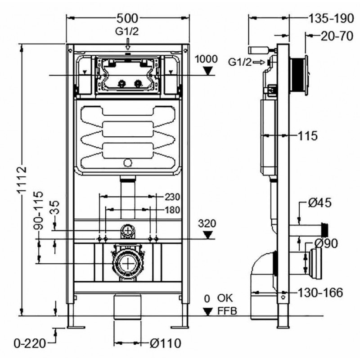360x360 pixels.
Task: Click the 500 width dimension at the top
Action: pyautogui.click(x=127, y=18)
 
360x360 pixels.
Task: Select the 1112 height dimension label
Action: pyautogui.click(x=22, y=181)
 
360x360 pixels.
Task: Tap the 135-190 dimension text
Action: pyautogui.click(x=331, y=18)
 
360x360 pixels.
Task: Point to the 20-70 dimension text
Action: pyautogui.click(x=337, y=36)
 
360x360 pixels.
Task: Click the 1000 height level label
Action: pyautogui.click(x=206, y=59)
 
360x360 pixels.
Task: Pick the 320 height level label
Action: pyautogui.click(x=207, y=223)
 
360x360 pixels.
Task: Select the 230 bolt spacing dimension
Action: pyautogui.click(x=172, y=197)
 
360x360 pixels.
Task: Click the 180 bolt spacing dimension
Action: pyautogui.click(x=172, y=210)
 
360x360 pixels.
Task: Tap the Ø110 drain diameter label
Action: pyautogui.click(x=165, y=343)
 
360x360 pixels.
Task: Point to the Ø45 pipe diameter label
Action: pyautogui.click(x=319, y=203)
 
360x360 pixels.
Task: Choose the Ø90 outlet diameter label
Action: pyautogui.click(x=326, y=243)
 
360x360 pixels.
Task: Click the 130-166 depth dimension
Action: pyautogui.click(x=320, y=292)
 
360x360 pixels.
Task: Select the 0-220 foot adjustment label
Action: pyautogui.click(x=30, y=343)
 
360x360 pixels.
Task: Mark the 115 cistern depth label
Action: pyautogui.click(x=308, y=136)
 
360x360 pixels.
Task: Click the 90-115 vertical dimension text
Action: pyautogui.click(x=38, y=210)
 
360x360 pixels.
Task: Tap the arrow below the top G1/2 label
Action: pyautogui.click(x=128, y=44)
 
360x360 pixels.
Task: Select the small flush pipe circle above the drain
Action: pyautogui.click(x=128, y=230)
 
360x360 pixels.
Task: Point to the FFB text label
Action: pyautogui.click(x=227, y=311)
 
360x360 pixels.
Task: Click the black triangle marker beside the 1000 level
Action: pyautogui.click(x=208, y=71)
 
